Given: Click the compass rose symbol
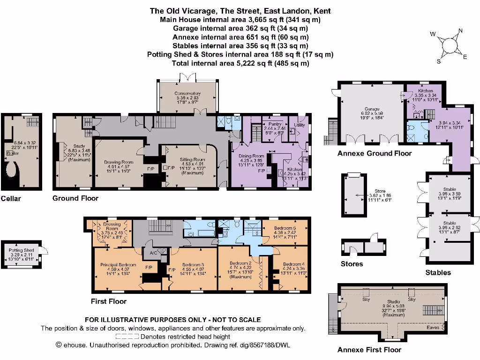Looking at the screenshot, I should (x=449, y=46).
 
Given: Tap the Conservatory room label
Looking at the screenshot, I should (x=187, y=93).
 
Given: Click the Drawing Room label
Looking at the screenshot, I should (x=119, y=162).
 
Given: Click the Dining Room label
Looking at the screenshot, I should (x=252, y=156).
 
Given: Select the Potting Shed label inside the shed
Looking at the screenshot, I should (x=19, y=250).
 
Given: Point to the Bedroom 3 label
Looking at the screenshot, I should (x=192, y=264).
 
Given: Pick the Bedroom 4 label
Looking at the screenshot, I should (x=293, y=264).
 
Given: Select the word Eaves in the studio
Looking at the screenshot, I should (x=433, y=328).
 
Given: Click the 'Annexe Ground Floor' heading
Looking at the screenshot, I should (x=375, y=153).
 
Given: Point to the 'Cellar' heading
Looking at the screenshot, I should (x=11, y=198).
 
